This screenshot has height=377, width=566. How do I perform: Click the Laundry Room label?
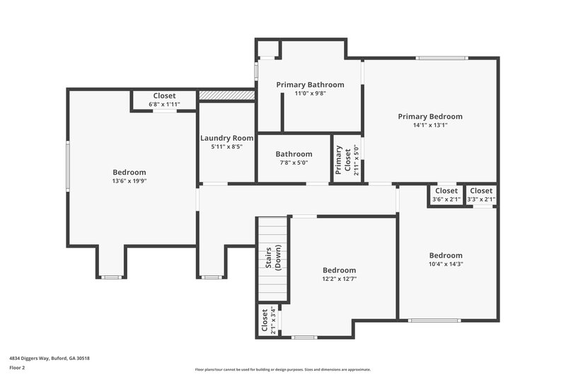pyautogui.click(x=226, y=138)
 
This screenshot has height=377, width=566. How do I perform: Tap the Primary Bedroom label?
pyautogui.click(x=430, y=117)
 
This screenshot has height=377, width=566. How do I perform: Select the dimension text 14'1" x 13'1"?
pyautogui.click(x=430, y=125)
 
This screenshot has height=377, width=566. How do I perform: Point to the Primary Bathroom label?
pyautogui.click(x=310, y=85)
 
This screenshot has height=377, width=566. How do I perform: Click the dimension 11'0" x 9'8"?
pyautogui.click(x=310, y=93)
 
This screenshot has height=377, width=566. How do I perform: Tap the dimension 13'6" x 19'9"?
pyautogui.click(x=129, y=181)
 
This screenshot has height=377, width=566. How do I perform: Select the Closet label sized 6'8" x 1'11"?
pyautogui.click(x=164, y=95)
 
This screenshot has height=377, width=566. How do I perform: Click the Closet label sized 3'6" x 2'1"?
pyautogui.click(x=446, y=191)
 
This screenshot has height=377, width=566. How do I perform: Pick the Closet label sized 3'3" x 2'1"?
pyautogui.click(x=481, y=191)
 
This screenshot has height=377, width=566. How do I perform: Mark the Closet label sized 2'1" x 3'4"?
pyautogui.click(x=265, y=320)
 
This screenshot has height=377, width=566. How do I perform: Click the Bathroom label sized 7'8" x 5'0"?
pyautogui.click(x=294, y=154)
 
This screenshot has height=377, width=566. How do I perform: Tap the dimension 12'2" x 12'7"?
pyautogui.click(x=340, y=279)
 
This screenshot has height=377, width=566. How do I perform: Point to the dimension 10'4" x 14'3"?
pyautogui.click(x=446, y=264)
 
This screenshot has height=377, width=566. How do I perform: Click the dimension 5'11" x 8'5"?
pyautogui.click(x=226, y=147)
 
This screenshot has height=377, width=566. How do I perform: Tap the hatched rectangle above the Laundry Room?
pyautogui.click(x=226, y=95)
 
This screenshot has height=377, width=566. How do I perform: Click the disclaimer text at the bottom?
pyautogui.click(x=283, y=369)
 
